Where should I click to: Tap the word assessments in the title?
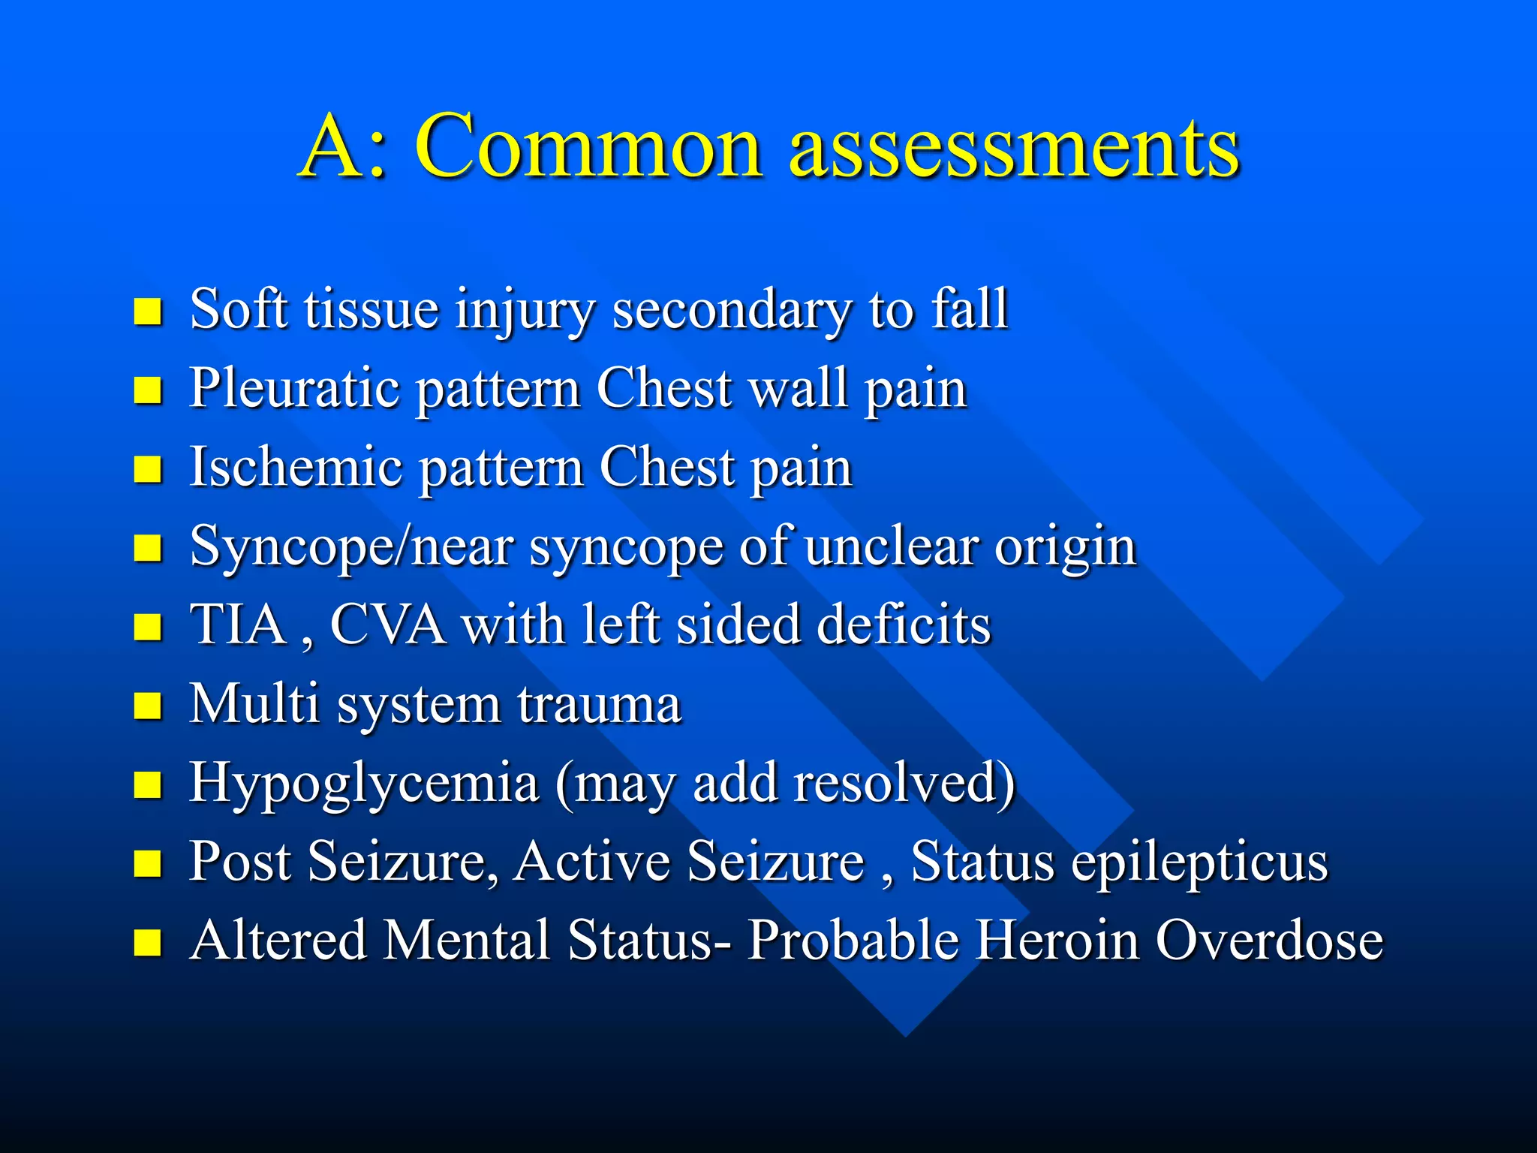pos(1013,147)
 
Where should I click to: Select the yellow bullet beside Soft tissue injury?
pos(148,311)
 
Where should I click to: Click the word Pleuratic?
pos(293,388)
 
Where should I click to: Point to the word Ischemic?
pos(296,468)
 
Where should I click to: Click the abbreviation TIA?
pos(238,625)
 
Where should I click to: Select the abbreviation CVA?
pos(387,625)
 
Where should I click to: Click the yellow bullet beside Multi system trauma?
pos(148,706)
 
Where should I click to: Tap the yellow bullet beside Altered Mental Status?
pos(148,942)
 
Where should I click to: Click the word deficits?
pos(904,625)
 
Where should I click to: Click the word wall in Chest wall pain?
pos(799,388)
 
